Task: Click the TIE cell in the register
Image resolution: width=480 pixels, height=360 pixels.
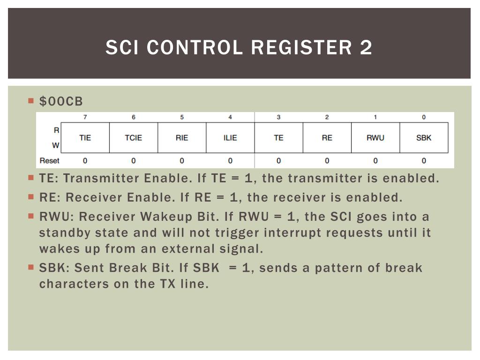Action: [x=85, y=138]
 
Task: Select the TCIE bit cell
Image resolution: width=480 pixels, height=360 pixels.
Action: [x=134, y=138]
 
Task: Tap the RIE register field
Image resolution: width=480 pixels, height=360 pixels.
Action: [x=182, y=138]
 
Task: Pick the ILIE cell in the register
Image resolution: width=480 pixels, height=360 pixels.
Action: [x=230, y=138]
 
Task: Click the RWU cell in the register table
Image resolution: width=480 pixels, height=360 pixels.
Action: [x=375, y=138]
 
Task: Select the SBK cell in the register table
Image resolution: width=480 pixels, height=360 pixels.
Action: [x=424, y=138]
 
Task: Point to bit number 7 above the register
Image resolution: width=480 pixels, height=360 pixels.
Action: [x=85, y=117]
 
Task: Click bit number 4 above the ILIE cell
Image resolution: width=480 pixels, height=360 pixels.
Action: [x=230, y=117]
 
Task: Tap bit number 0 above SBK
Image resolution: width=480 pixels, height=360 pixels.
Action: [x=424, y=117]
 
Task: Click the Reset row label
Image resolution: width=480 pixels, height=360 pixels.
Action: [x=49, y=161]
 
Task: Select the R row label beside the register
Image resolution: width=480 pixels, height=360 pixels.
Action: [x=56, y=130]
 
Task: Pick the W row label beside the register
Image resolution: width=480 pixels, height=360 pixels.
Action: [x=55, y=145]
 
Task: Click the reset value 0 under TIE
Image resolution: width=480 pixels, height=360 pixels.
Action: [x=85, y=161]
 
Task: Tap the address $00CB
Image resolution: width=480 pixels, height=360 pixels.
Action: [x=61, y=102]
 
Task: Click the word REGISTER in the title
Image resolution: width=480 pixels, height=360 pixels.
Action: [x=301, y=47]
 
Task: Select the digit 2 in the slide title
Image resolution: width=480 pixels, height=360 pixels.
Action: [x=366, y=47]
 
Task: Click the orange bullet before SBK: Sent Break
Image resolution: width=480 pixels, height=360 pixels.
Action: [x=31, y=267]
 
